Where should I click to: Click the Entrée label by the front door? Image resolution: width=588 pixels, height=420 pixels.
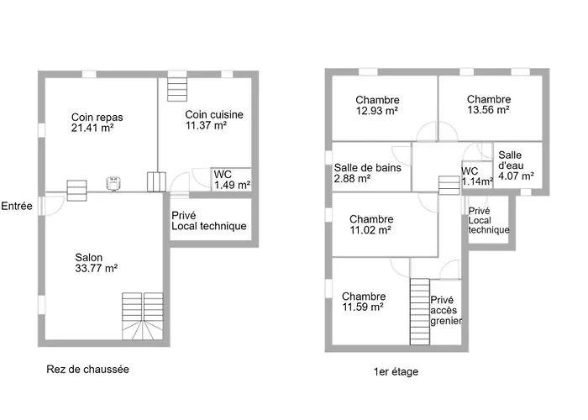point(17,206)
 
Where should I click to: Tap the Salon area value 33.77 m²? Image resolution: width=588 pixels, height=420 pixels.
point(97,268)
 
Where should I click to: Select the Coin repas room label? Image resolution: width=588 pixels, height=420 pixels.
point(97,118)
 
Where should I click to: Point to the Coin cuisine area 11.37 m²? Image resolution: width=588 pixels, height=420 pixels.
point(206,125)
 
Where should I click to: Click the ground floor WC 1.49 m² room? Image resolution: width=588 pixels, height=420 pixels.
point(231,180)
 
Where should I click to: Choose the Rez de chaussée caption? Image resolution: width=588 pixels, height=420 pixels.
point(87,370)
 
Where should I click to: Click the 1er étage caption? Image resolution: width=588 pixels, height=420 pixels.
point(396,371)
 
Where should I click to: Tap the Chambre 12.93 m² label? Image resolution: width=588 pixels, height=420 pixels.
point(377,105)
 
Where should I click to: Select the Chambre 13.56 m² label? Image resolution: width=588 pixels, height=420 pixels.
point(489,104)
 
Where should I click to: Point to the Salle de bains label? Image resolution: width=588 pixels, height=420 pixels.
point(368,168)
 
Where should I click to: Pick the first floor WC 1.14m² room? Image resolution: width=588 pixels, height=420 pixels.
point(477,175)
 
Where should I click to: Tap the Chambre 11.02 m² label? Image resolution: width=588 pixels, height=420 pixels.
point(371,224)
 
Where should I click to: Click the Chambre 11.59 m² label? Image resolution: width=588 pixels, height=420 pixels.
point(364,302)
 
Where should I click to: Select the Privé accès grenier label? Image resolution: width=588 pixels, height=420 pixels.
point(446,310)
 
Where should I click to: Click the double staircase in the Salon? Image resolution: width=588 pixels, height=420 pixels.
point(143,317)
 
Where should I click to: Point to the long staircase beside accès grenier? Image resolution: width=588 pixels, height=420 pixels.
point(420,312)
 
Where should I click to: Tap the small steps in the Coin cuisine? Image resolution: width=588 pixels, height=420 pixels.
point(177,89)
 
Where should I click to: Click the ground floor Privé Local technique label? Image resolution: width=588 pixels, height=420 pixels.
point(209,220)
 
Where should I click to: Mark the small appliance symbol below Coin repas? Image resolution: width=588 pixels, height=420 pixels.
point(113,183)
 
